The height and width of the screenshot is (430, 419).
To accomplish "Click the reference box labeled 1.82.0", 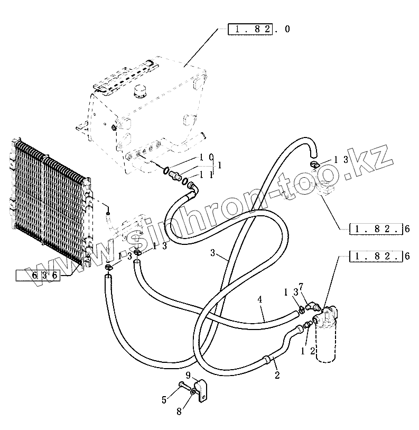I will coord(250,29).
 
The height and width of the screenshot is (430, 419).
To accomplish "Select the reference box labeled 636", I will coord(38,275).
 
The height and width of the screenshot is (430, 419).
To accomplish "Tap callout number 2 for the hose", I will coord(277,376).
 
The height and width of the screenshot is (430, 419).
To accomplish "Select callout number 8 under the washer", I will coord(178,410).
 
